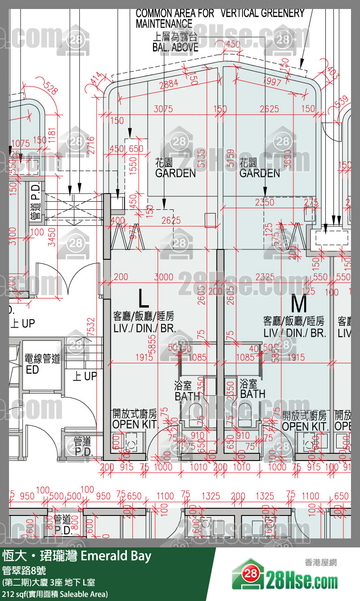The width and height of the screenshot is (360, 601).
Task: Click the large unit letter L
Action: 143,298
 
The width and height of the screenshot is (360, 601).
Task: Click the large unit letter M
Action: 299,305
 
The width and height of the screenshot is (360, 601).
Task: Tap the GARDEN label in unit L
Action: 175,173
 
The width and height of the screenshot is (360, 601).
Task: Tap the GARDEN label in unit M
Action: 260,173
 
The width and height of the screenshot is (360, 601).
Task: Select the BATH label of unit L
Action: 187,397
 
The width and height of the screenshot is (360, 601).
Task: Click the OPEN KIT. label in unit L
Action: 135,424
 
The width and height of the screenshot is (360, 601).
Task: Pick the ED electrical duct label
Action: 32,370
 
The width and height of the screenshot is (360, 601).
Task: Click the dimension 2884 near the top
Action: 169,84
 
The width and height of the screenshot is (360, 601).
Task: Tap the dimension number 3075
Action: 163,109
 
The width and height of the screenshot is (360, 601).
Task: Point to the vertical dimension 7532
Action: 92,326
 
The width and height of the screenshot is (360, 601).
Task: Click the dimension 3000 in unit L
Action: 163,277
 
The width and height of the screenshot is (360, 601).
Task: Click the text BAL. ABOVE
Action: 175,46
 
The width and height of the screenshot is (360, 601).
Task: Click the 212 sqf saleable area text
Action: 55,594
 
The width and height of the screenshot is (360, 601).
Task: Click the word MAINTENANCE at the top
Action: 164,24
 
